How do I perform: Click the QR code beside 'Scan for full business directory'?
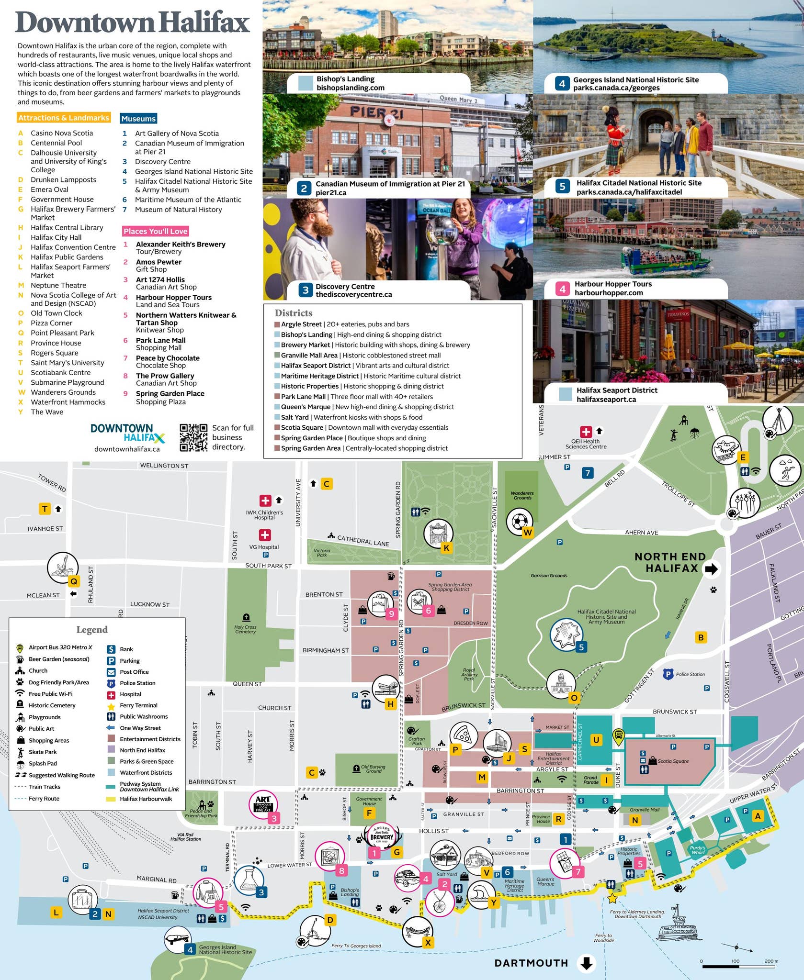tap(193, 437)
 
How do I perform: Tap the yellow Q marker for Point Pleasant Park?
tap(74, 581)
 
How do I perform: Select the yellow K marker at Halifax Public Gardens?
tap(446, 548)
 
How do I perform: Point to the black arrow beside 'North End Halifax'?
tap(712, 568)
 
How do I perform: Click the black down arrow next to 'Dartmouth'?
tap(587, 963)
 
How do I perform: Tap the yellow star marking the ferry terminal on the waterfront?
tap(612, 898)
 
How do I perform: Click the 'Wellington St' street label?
tap(164, 466)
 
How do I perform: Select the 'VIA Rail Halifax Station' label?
tap(186, 837)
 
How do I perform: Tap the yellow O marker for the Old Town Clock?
tap(574, 698)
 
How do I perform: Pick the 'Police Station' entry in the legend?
tap(137, 683)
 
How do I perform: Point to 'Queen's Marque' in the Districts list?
tap(306, 407)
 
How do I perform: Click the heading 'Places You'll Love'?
tap(155, 231)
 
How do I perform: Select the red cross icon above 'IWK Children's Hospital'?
tap(265, 501)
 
